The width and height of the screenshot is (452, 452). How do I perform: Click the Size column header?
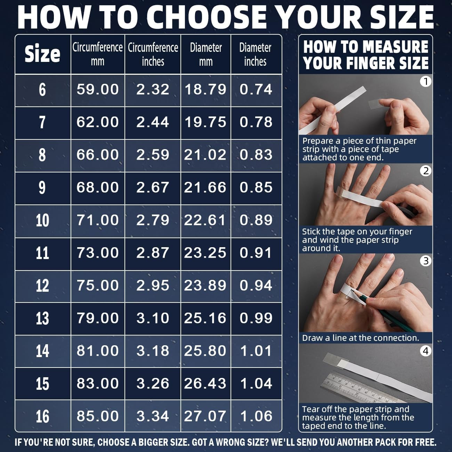42,54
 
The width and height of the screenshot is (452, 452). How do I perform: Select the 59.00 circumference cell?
98,90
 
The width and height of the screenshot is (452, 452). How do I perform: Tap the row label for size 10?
42,220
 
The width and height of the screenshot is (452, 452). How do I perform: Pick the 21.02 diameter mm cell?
205,155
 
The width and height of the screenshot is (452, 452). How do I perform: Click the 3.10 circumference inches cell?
153,318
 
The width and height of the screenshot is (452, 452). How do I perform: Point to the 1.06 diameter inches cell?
256,416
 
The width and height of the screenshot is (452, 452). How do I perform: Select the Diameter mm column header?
205,54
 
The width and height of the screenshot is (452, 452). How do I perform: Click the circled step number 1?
426,81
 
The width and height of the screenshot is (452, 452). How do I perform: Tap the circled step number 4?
426,351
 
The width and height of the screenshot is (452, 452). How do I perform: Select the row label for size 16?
42,417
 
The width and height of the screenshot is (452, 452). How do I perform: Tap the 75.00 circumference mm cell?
98,286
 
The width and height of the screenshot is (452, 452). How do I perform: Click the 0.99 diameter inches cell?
256,318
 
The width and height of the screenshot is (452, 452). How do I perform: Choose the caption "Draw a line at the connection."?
361,338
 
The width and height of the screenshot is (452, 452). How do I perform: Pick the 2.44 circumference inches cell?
153,122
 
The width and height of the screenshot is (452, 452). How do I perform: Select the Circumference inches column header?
153,54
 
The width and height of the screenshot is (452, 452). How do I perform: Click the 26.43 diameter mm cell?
205,384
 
